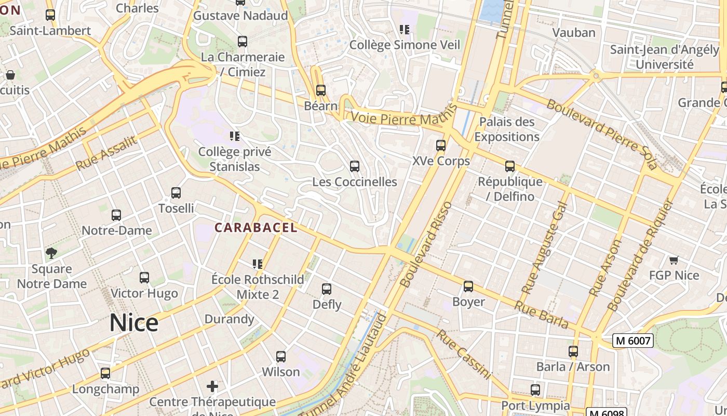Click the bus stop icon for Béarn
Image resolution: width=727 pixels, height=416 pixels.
click(321, 90)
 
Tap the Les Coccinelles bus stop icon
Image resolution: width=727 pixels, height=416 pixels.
click(355, 166)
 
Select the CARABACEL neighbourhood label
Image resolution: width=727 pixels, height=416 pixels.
click(256, 227)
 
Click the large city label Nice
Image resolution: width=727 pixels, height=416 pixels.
click(133, 323)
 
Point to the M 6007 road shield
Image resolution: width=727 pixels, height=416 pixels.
click(632, 341)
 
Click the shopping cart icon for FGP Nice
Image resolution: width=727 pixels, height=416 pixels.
click(674, 260)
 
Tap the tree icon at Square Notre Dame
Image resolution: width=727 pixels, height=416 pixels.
click(51, 253)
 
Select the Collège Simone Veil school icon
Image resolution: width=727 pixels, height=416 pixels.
click(404, 30)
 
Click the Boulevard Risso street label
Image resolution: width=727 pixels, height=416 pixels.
click(427, 244)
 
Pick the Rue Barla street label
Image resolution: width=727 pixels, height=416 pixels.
click(541, 314)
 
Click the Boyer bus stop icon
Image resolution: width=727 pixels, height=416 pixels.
click(468, 287)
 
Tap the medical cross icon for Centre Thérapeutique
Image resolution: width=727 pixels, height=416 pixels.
click(212, 386)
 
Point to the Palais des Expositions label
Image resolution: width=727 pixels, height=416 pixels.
click(506, 129)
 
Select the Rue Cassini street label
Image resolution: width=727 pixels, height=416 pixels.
click(463, 354)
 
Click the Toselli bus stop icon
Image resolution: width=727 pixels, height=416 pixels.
click(176, 193)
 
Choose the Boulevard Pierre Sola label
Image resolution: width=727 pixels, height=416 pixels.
click(602, 134)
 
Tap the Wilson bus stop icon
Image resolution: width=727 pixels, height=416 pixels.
click(281, 357)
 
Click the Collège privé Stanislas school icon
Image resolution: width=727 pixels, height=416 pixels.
click(235, 137)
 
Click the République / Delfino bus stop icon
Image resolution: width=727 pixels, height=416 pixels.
click(510, 166)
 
